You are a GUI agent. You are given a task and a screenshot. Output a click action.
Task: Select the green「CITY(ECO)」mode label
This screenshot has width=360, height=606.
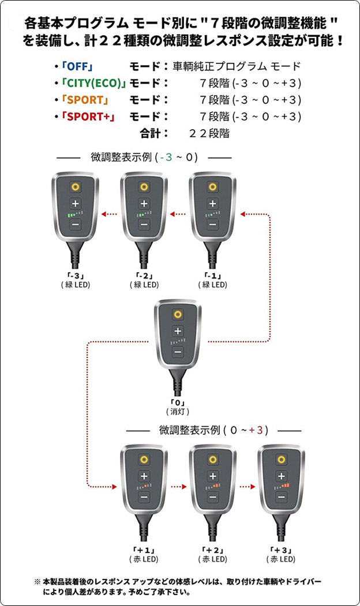[x=93, y=83]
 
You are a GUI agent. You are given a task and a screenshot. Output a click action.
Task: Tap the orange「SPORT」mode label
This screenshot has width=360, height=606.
[x=85, y=100]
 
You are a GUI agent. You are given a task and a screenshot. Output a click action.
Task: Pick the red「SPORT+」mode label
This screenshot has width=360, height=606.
[x=88, y=116]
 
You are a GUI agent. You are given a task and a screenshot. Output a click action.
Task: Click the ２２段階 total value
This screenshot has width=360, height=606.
[x=209, y=133]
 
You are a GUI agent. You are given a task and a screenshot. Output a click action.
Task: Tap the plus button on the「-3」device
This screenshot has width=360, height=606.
[x=75, y=203]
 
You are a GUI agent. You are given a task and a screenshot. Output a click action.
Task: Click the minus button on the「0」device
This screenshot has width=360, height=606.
[x=178, y=351]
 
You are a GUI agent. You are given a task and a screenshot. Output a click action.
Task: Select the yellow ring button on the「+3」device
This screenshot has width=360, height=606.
[x=281, y=460]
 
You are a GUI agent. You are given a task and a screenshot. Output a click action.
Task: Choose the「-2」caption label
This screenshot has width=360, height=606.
[x=144, y=276]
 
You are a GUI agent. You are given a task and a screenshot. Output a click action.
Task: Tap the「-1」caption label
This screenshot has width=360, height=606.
[x=212, y=276]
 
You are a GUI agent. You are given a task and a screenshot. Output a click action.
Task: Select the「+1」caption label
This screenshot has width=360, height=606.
[x=144, y=550]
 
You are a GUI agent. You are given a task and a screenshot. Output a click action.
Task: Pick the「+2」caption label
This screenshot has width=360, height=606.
[x=212, y=550]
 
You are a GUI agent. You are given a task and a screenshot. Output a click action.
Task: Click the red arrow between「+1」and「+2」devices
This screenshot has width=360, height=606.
[x=178, y=486]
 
